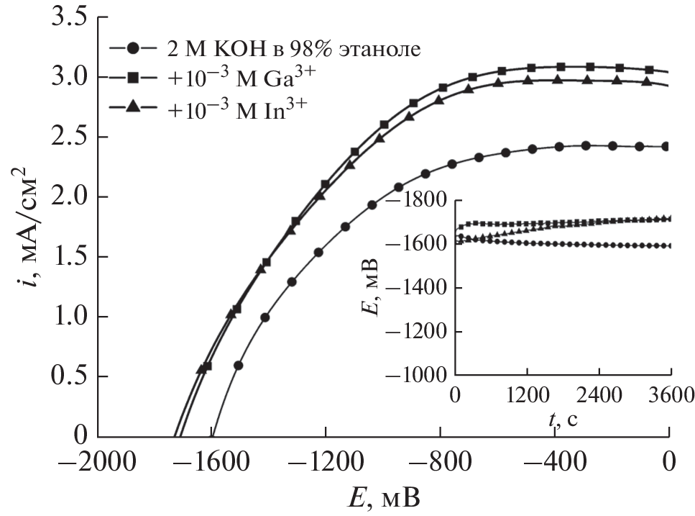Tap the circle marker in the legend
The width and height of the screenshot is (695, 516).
pos(132,50)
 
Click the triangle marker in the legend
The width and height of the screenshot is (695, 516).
pos(132,106)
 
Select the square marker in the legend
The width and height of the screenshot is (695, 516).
pos(132,78)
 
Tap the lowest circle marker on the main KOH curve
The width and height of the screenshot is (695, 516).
pos(239,365)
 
